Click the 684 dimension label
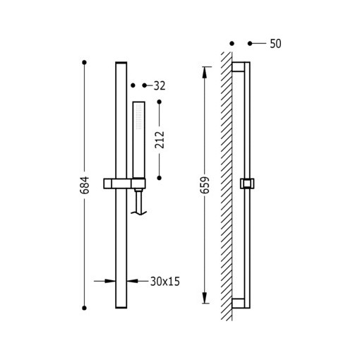click(x=85, y=185)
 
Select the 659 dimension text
click(x=205, y=185)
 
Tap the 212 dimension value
click(x=160, y=140)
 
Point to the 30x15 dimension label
click(x=165, y=282)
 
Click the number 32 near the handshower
click(x=160, y=86)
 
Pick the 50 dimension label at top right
click(x=275, y=44)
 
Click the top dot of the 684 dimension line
click(x=84, y=62)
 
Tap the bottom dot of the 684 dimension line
click(x=84, y=308)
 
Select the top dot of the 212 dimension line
click(x=160, y=102)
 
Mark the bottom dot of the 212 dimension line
click(x=160, y=178)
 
